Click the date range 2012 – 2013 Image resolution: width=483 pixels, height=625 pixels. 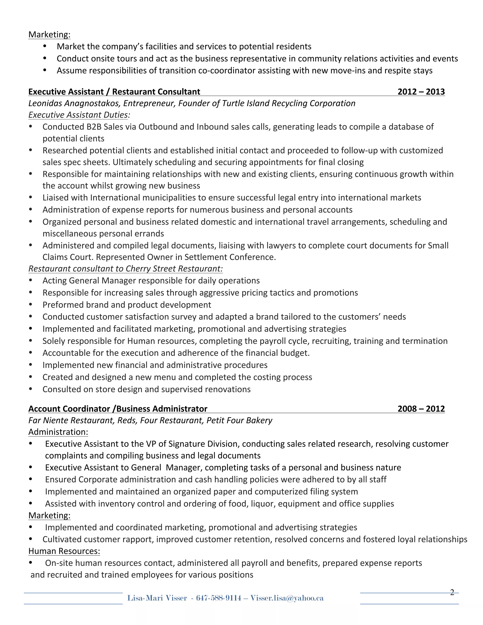tap(421, 92)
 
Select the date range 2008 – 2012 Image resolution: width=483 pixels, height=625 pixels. tap(421, 409)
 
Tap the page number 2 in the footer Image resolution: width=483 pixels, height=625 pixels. tap(452, 592)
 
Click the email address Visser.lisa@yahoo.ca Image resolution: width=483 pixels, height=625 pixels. tap(287, 598)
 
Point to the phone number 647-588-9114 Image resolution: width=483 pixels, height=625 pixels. tap(219, 598)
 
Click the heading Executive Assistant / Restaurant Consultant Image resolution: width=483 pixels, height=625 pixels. tap(114, 92)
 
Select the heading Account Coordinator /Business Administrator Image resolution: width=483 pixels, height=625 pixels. tap(118, 409)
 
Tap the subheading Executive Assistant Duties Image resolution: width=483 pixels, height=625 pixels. tap(78, 115)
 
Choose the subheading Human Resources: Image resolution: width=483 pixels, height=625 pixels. tap(64, 551)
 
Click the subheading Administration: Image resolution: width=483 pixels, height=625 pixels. tap(58, 432)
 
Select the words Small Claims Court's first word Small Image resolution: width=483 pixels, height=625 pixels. tap(438, 246)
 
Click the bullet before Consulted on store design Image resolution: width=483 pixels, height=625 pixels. tap(31, 389)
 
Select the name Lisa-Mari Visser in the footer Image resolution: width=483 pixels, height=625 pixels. tap(157, 598)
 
